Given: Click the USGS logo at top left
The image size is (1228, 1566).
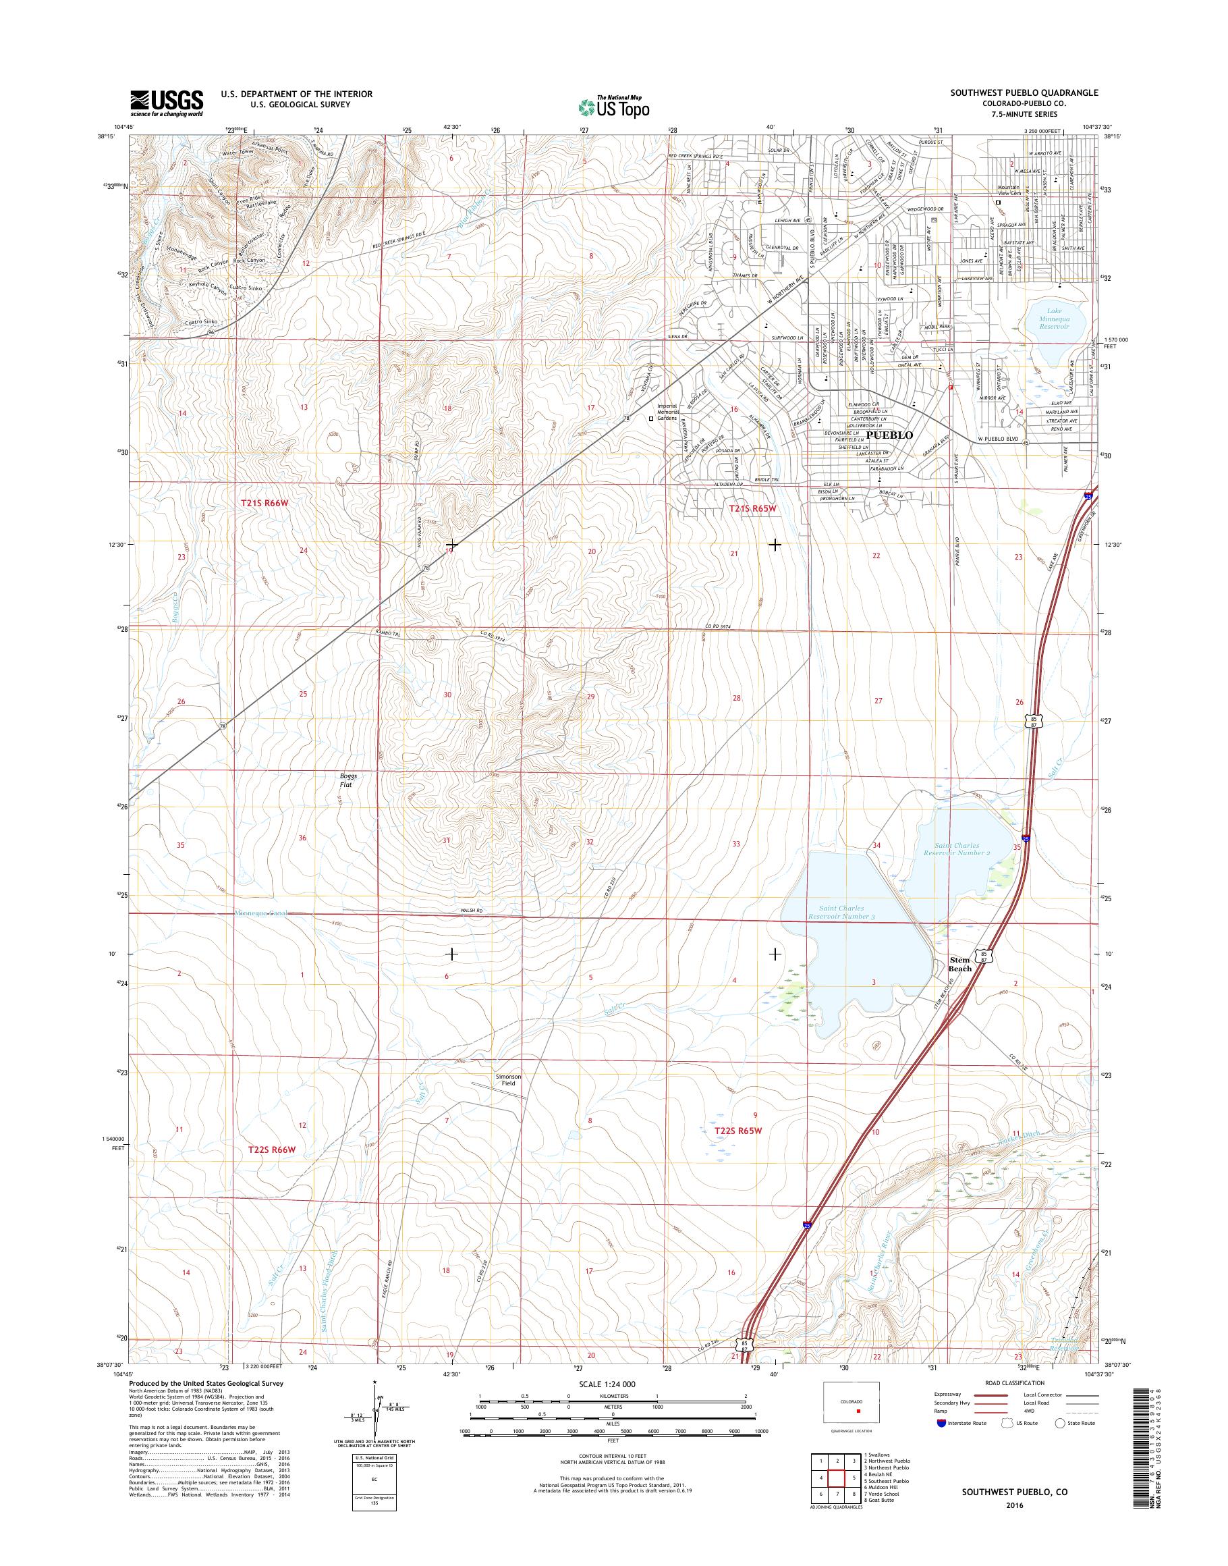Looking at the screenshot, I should point(166,103).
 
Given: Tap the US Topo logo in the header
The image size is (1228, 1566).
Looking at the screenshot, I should point(613,106).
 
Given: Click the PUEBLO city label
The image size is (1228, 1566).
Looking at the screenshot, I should point(889,435).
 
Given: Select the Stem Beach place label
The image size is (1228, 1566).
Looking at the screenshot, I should point(960,964).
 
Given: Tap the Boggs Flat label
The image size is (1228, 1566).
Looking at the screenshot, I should point(348,780).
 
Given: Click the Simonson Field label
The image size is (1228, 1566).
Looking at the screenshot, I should point(508,1080).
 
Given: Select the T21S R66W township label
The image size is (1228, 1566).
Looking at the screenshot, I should point(271,504).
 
